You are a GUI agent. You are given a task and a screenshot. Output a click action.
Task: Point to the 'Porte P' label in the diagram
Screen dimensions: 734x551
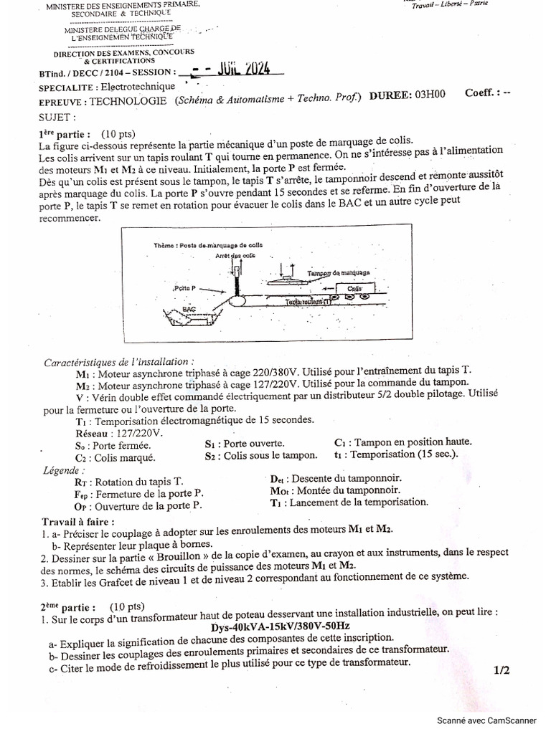(x=186, y=287)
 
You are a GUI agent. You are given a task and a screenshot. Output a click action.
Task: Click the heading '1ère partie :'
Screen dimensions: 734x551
(x=64, y=134)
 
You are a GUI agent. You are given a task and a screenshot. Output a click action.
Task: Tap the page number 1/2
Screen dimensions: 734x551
(x=501, y=670)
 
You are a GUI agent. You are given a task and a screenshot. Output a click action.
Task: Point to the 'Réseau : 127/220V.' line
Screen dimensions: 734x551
(x=118, y=434)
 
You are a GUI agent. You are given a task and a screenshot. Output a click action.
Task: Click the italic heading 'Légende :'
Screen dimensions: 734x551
(x=63, y=470)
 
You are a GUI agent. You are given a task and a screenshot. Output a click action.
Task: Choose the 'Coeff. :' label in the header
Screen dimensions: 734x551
(x=481, y=93)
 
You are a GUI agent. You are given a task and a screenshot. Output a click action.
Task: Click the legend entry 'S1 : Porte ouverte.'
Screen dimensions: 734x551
(x=244, y=444)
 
